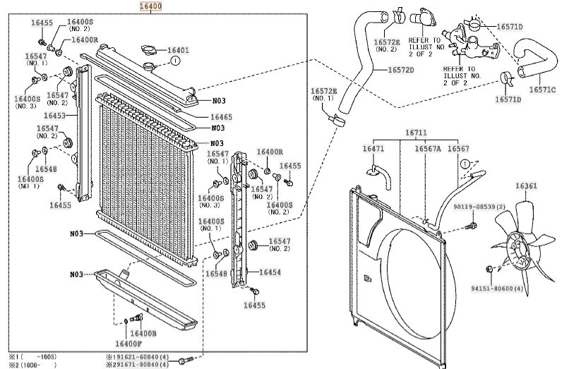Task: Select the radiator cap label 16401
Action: coord(178,51)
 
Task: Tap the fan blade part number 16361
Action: coord(525,186)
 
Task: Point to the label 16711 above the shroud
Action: coord(416,133)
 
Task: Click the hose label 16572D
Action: coord(400,70)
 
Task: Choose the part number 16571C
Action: coord(542,90)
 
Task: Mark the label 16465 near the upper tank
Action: coord(221,116)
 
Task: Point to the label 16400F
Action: coord(127,344)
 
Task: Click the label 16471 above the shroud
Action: coord(373,149)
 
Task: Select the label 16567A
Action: coord(427,149)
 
